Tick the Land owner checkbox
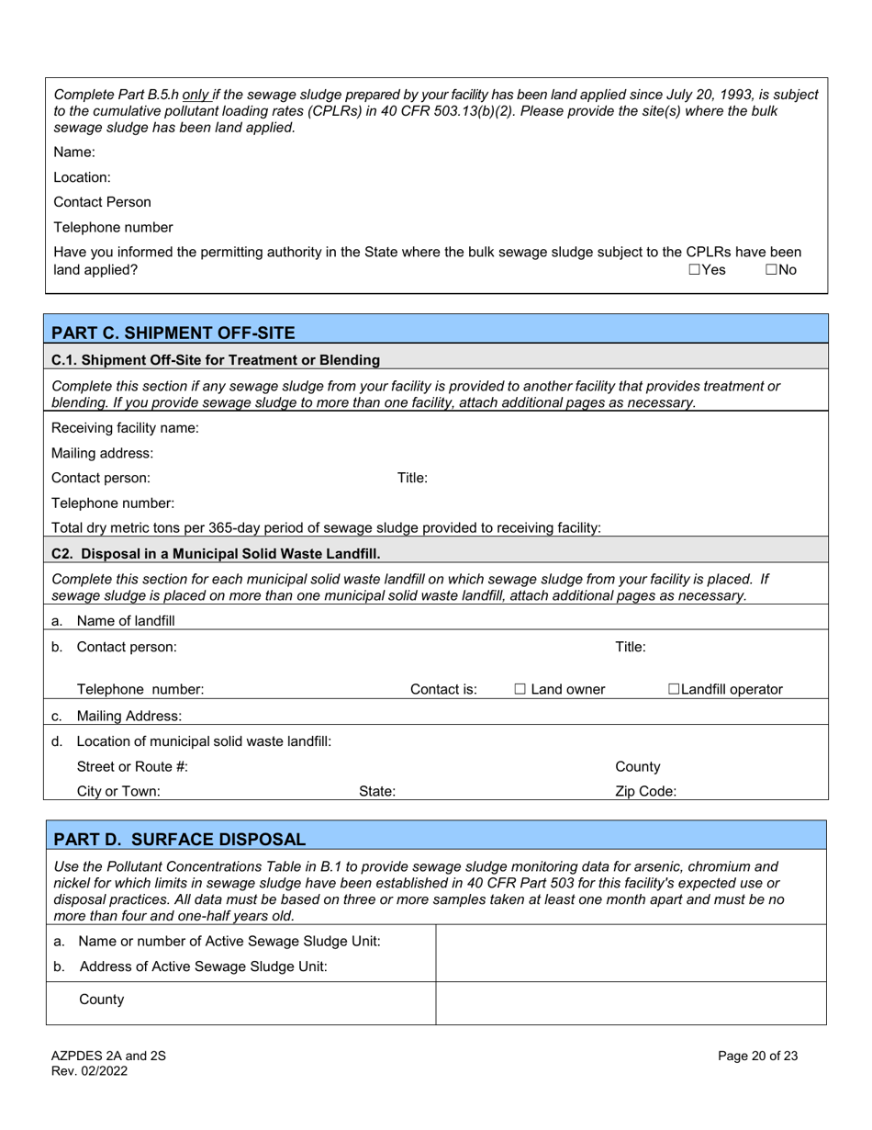520,689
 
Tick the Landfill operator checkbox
674,689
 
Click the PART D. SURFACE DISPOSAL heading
179,839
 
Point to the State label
376,790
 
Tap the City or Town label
118,790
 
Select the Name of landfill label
126,620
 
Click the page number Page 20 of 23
757,1056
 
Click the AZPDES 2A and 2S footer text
108,1056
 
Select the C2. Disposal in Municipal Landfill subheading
216,553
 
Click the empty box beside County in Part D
630,1002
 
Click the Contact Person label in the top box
102,202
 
